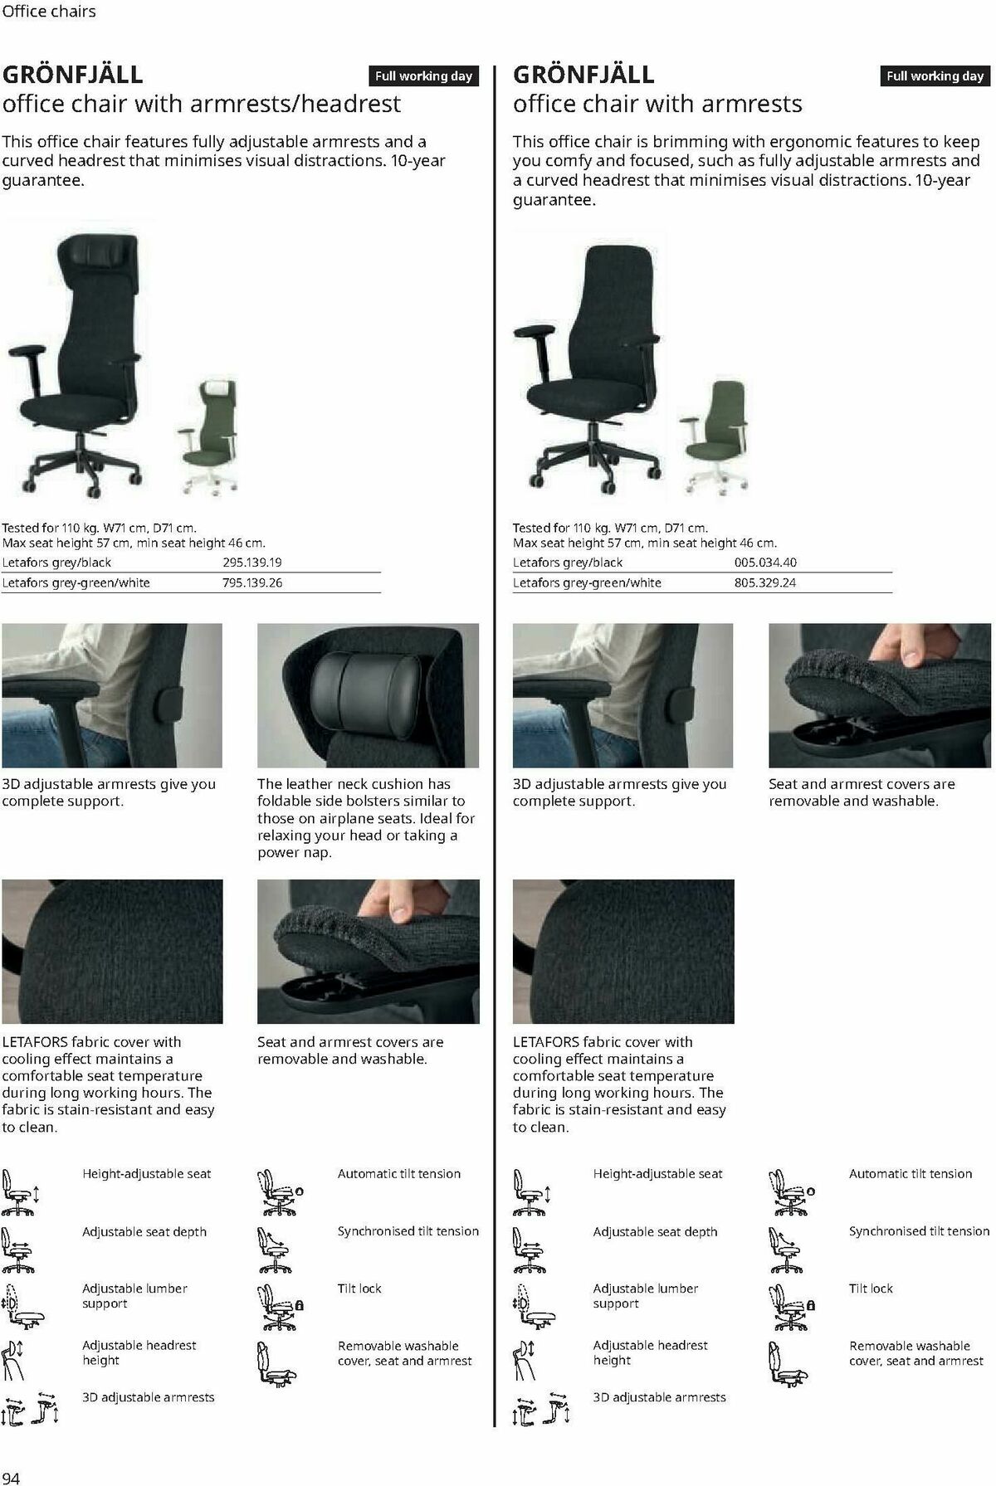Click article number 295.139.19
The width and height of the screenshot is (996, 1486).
click(x=252, y=563)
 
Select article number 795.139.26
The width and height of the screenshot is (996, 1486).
click(x=252, y=582)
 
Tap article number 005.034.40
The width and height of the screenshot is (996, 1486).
click(x=764, y=563)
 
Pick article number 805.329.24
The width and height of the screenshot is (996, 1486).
click(x=764, y=582)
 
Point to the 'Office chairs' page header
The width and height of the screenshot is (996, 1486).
click(x=49, y=12)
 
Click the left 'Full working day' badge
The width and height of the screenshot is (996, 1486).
click(x=423, y=76)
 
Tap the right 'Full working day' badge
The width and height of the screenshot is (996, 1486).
click(x=935, y=76)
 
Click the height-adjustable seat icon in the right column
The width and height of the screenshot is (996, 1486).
click(x=530, y=1191)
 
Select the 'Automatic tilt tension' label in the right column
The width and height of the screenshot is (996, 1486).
click(x=910, y=1173)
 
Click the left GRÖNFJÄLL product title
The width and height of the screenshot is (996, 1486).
click(x=73, y=75)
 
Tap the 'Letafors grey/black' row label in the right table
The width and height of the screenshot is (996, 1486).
click(x=568, y=563)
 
